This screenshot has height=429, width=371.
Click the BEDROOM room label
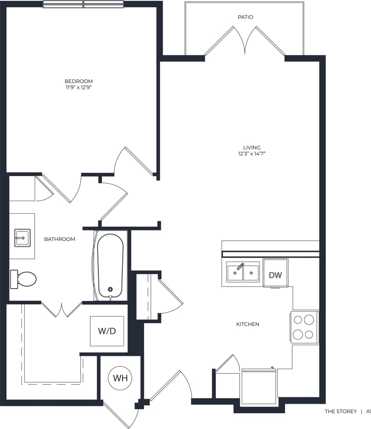[78, 81]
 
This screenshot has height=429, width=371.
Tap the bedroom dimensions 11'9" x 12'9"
[78, 88]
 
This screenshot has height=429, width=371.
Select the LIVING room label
[252, 147]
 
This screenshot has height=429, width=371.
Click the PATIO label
[245, 17]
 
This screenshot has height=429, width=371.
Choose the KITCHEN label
[248, 324]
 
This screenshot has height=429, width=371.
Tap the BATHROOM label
[60, 239]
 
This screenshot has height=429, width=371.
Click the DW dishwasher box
[275, 275]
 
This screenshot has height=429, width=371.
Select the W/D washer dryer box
[107, 331]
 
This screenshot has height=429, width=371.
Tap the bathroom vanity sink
[22, 238]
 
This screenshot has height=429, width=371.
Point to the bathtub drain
[110, 289]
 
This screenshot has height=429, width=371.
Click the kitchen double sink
[243, 272]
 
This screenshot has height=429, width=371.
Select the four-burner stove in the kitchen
[304, 327]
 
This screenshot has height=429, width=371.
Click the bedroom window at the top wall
[83, 4]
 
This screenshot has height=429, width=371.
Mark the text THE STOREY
[340, 412]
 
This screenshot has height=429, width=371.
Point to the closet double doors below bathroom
[61, 309]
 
